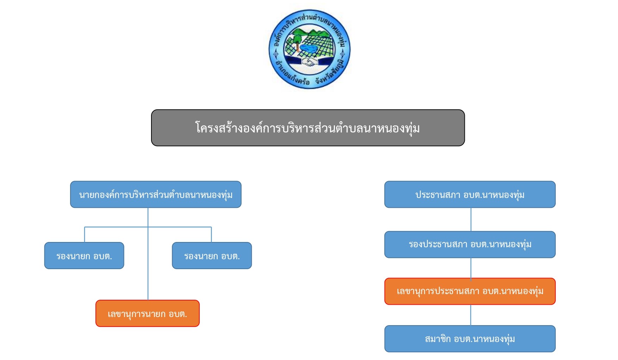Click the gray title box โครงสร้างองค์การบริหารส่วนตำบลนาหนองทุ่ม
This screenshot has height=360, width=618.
coord(308,128)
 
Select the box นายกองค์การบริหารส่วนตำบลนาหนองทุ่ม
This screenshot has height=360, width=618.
coord(156,194)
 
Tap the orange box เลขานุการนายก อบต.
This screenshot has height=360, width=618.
coord(148,313)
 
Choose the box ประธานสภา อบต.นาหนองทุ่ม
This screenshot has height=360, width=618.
coord(470,194)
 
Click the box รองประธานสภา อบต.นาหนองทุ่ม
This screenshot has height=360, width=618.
coord(470,244)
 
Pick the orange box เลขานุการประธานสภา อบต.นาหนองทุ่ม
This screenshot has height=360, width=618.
coord(470,291)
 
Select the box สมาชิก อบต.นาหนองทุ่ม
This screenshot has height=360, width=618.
coord(470,339)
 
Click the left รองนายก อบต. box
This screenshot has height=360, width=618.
coord(84,255)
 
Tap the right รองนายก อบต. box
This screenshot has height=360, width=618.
coord(212,255)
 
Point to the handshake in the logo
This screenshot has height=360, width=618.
coord(310,63)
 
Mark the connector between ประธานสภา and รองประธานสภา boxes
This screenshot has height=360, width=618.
coord(471,219)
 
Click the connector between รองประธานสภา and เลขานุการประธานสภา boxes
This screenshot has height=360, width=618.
coord(471,268)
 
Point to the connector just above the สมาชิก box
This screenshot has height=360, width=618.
coord(471,315)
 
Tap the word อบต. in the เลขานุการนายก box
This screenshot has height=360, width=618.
coord(178,314)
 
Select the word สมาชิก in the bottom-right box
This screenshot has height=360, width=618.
coord(438,339)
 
